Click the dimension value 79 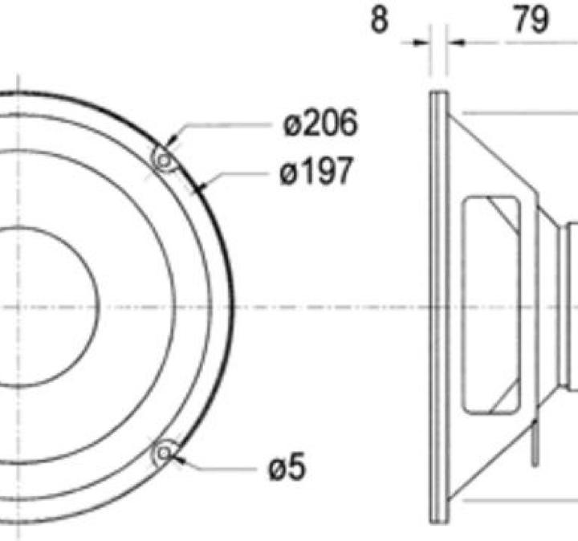tap(531, 20)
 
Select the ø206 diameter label tap(320, 124)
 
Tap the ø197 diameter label tap(316, 172)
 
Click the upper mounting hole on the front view tap(165, 161)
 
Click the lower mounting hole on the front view tap(164, 454)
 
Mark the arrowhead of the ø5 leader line tap(178, 458)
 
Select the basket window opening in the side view tap(492, 305)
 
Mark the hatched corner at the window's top tap(505, 210)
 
